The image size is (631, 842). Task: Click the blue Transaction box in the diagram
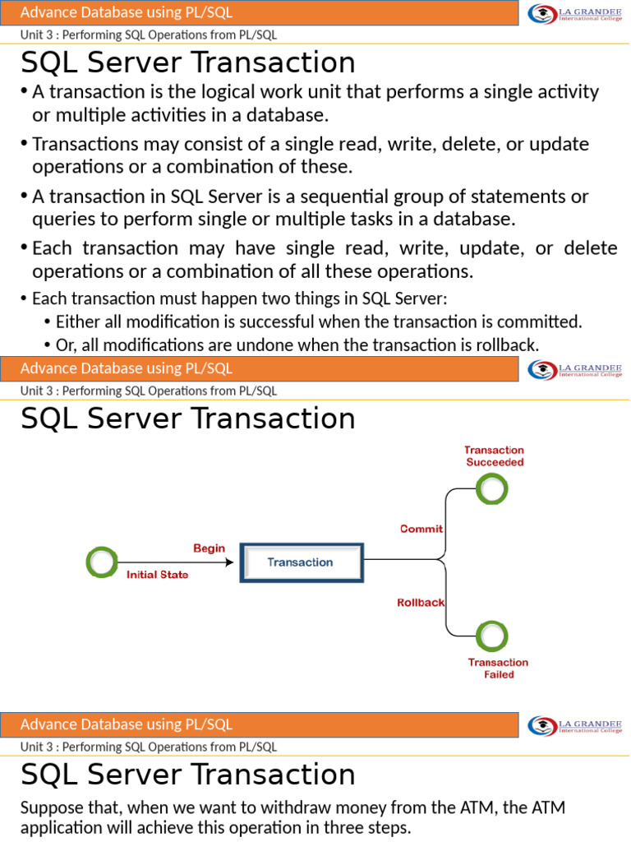coord(301,562)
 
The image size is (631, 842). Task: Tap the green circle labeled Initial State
coord(101,562)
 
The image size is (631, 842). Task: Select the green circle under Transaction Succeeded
coord(492,489)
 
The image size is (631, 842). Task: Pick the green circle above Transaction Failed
coord(492,635)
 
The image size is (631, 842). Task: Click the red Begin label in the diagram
coord(209,548)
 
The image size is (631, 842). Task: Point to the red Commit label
coord(421,529)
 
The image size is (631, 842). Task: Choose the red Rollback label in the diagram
coord(421,602)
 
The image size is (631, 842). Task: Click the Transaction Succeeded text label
coord(495,456)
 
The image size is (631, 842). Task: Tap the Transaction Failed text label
coord(498,668)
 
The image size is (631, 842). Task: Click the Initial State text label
coord(157,575)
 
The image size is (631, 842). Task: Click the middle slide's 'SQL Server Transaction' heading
coord(188,419)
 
